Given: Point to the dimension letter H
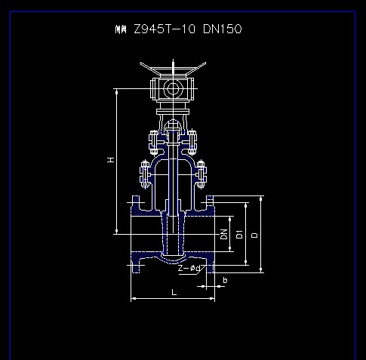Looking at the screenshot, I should (x=110, y=160).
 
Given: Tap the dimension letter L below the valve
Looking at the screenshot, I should (x=173, y=291).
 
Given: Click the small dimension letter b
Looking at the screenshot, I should (x=224, y=280).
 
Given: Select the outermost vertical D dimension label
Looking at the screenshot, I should (x=254, y=235).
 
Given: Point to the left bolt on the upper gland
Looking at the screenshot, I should (x=153, y=140).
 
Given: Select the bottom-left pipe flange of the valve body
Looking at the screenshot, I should (x=136, y=265).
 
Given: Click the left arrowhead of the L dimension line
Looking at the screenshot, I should (x=134, y=299).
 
